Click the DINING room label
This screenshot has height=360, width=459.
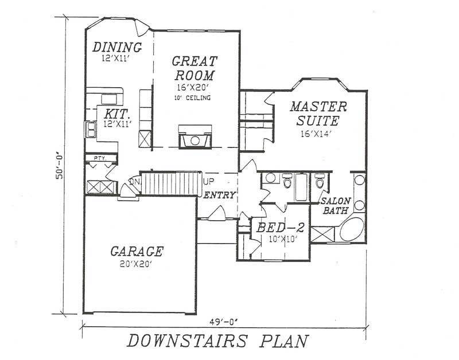pos(117,46)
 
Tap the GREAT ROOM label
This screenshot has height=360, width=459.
pos(195,68)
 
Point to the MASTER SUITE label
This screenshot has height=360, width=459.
pos(318,114)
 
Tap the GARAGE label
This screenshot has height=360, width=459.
pos(137,251)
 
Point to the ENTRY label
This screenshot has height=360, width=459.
pos(220,195)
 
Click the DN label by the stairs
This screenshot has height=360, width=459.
pos(134,182)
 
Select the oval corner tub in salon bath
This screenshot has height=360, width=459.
pos(351,229)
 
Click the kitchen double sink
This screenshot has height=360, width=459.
pos(91,130)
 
